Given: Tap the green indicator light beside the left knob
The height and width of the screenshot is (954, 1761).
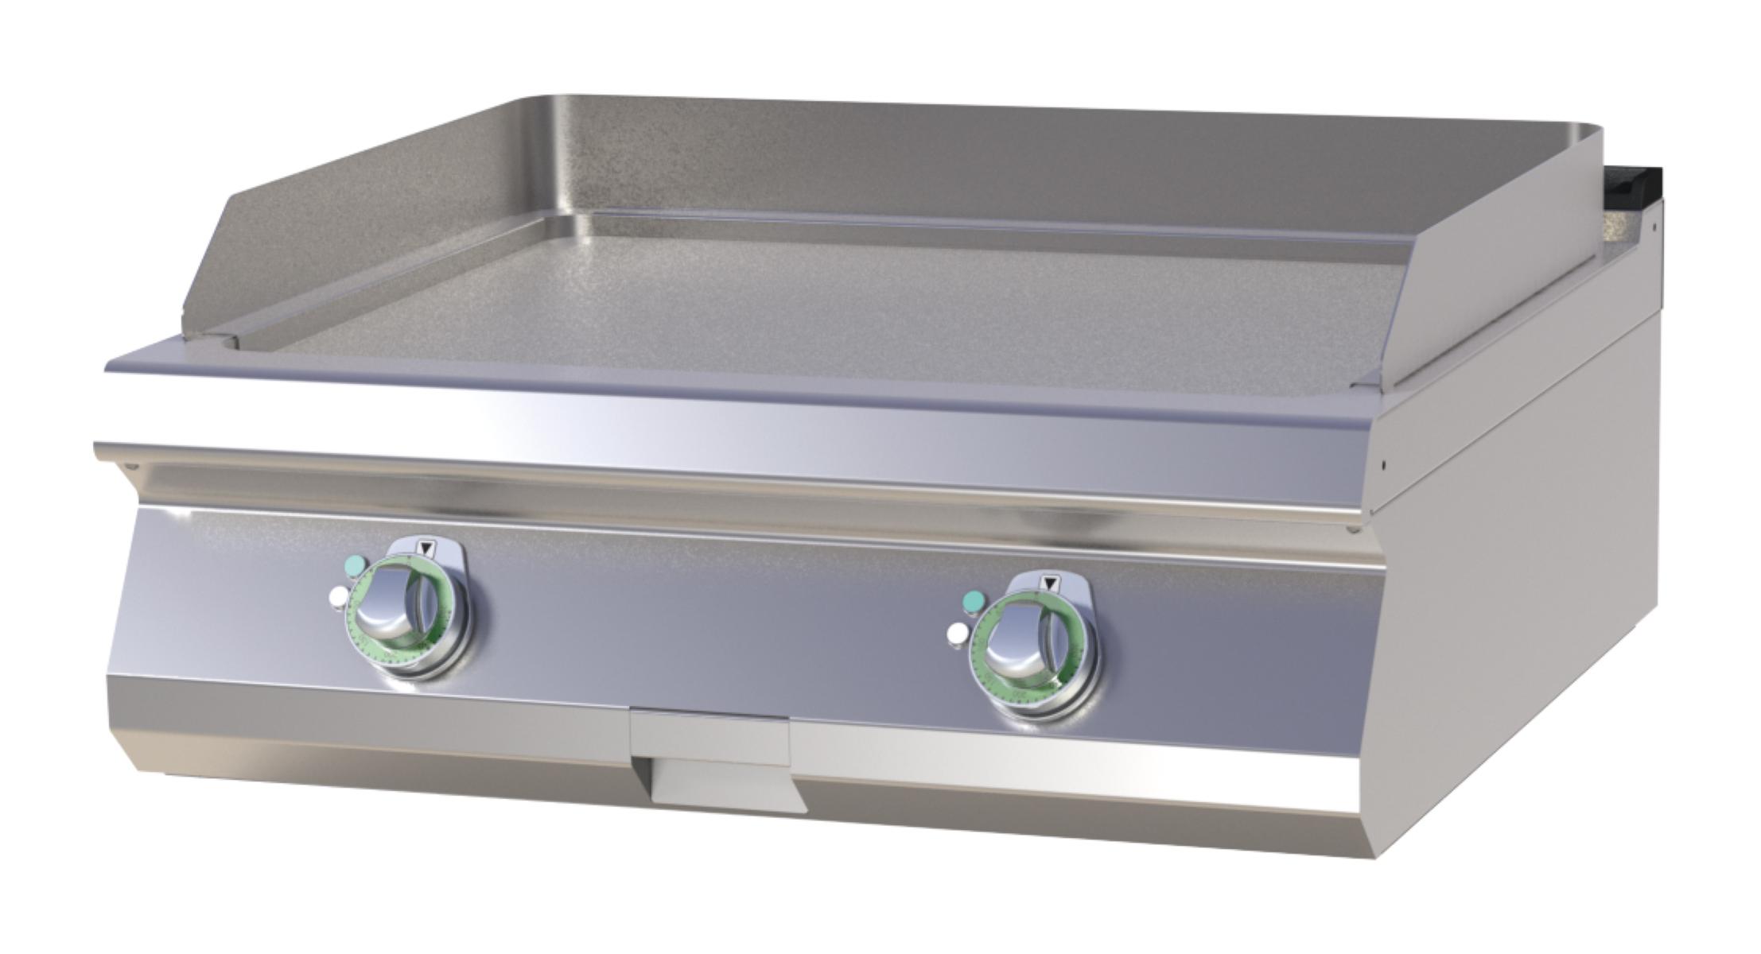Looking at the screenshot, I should pyautogui.click(x=355, y=564).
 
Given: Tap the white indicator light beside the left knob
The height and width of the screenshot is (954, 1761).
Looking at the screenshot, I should pyautogui.click(x=337, y=595).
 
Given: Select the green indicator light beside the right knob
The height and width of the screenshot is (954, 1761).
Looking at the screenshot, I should pyautogui.click(x=971, y=601).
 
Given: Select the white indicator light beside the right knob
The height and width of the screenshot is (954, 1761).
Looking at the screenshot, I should pyautogui.click(x=958, y=634).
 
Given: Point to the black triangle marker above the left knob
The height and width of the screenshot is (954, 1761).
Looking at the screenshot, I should pyautogui.click(x=427, y=547).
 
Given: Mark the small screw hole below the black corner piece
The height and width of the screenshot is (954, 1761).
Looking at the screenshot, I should pyautogui.click(x=1653, y=227).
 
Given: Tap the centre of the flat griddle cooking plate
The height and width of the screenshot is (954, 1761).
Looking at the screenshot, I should pyautogui.click(x=795, y=302).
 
